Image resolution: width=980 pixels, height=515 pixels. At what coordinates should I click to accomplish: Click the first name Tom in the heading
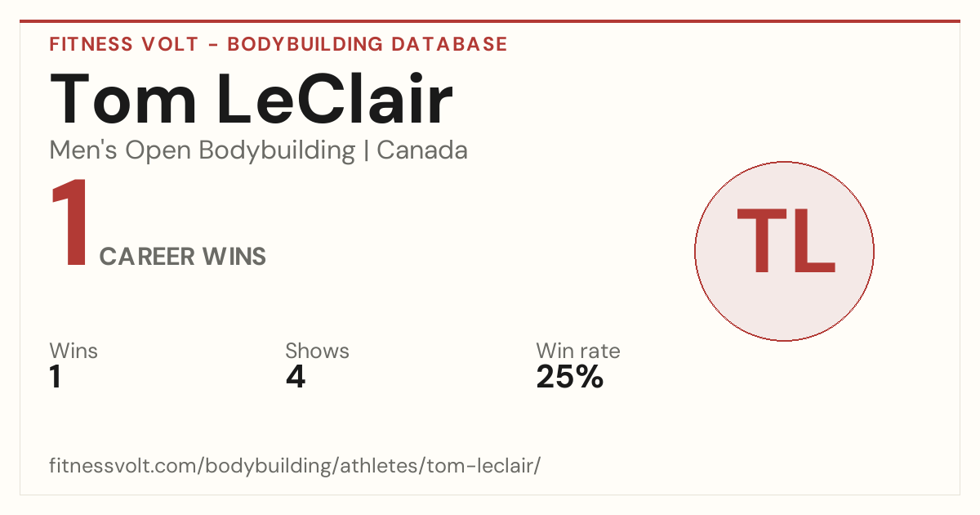123,99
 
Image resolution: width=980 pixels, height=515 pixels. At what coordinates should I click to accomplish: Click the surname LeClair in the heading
335,99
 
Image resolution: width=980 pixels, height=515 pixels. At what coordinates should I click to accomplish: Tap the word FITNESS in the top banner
91,44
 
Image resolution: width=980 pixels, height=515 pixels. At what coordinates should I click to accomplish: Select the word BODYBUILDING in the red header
305,44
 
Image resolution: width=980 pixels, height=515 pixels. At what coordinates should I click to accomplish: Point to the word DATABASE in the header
449,44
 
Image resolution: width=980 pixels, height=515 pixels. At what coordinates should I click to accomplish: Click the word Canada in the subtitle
422,150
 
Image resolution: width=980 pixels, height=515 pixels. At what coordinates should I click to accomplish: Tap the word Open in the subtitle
158,151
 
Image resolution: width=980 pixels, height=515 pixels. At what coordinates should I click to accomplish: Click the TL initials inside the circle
786,240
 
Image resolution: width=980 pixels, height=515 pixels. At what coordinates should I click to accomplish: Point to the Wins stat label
73,351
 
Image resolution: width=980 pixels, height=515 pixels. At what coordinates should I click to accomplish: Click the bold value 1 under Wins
56,377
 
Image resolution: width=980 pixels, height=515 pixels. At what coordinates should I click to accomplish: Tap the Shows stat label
317,351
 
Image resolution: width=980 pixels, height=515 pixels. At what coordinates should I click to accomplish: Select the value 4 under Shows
296,377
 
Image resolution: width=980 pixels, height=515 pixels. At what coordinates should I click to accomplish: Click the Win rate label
578,351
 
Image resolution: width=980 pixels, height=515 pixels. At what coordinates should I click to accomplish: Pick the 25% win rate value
570,377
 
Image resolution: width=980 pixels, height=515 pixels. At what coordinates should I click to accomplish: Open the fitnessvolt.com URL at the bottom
295,465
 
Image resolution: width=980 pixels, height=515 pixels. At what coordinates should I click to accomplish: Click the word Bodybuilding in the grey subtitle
277,151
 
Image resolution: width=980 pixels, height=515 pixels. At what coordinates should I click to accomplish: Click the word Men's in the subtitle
83,150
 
